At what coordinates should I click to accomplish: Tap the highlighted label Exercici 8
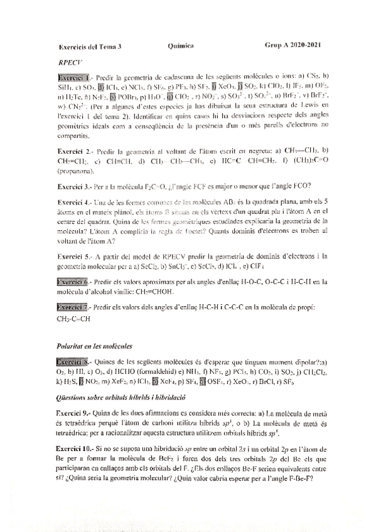pos(73,362)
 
